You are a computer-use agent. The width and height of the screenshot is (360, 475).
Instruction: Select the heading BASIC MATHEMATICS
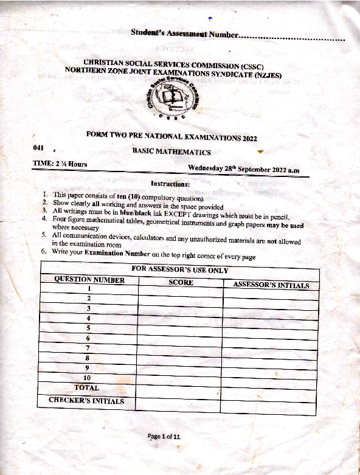[x=171, y=151]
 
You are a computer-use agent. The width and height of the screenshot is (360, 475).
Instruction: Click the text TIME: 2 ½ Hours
[x=60, y=164]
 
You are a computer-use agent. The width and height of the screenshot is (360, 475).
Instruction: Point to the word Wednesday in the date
[x=208, y=168]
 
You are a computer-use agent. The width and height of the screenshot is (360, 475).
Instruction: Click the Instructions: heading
[x=170, y=184]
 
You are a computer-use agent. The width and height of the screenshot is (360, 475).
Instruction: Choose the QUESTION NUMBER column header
[x=89, y=280]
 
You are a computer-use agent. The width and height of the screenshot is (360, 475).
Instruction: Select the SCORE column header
[x=181, y=282]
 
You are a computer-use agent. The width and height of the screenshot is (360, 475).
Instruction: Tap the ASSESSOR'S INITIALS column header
[x=271, y=285]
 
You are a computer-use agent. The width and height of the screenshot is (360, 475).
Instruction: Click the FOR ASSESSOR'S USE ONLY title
[x=180, y=270]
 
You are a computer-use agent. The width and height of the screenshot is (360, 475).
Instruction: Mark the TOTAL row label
[x=86, y=387]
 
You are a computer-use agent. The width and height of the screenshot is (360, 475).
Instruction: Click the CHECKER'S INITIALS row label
[x=86, y=401]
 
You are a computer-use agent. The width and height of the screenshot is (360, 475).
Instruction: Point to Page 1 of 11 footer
[x=164, y=436]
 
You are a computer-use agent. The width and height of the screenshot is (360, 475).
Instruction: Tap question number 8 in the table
[x=89, y=358]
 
